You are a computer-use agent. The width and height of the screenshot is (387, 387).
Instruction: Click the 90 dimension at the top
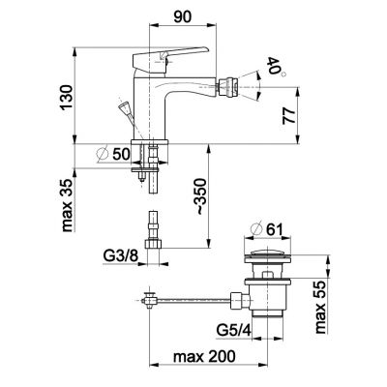pyautogui.click(x=183, y=16)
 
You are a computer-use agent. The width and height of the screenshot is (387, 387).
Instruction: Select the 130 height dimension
pyautogui.click(x=67, y=98)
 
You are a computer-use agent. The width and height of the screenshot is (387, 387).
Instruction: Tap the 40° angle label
pyautogui.click(x=275, y=68)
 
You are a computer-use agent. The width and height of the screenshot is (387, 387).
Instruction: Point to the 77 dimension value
pyautogui.click(x=289, y=116)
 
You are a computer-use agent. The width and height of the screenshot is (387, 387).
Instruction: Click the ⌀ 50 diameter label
pyautogui.click(x=113, y=155)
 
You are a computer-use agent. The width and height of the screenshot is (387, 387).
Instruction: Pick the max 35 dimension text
pyautogui.click(x=67, y=206)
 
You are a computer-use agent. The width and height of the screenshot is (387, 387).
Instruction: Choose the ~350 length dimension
pyautogui.click(x=202, y=196)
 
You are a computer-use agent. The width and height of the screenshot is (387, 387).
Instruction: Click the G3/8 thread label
pyautogui.click(x=121, y=256)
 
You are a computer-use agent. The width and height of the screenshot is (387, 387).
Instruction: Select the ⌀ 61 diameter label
pyautogui.click(x=266, y=229)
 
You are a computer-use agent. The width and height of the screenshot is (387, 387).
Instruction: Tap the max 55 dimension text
pyautogui.click(x=321, y=307)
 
